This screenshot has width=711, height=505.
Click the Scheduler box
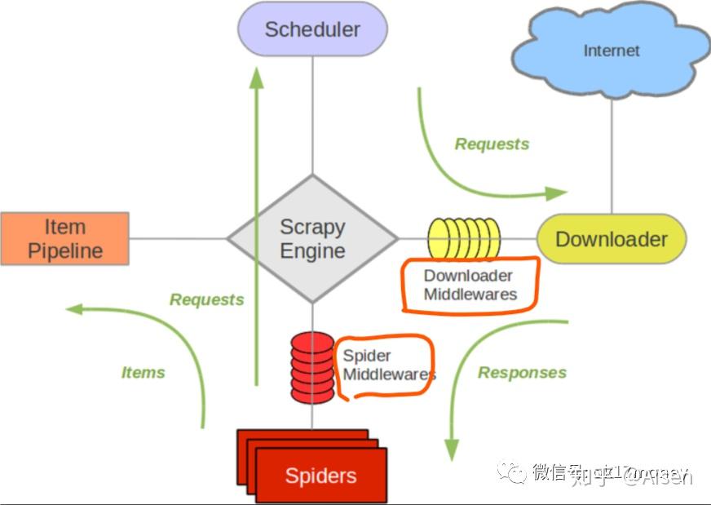(x=312, y=29)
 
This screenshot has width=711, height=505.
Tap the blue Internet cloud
(x=611, y=51)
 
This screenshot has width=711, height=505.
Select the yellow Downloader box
(x=612, y=239)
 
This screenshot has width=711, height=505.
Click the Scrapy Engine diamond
(x=312, y=238)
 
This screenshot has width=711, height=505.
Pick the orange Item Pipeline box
(x=64, y=238)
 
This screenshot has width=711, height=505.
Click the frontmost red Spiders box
(x=320, y=476)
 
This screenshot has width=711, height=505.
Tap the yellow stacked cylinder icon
(x=464, y=238)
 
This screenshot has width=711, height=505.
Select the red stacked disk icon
(x=312, y=367)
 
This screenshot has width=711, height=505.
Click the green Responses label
(x=522, y=373)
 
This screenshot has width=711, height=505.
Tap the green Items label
(x=144, y=373)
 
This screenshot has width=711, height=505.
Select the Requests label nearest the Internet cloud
(x=492, y=144)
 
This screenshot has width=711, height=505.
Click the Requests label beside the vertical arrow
(x=206, y=299)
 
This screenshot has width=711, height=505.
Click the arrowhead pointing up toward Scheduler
(x=257, y=78)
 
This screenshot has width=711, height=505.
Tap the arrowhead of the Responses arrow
(x=451, y=450)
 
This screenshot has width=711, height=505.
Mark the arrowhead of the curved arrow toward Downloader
(x=557, y=193)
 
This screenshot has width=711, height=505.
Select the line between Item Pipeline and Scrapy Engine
(x=177, y=238)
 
